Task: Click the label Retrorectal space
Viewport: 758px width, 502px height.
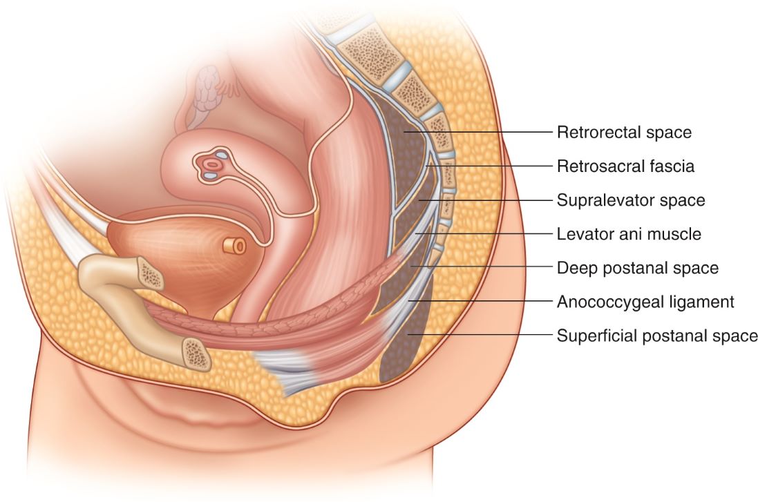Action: (x=624, y=131)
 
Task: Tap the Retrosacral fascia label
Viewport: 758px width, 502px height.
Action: (x=625, y=166)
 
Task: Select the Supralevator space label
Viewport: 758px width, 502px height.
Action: (x=630, y=200)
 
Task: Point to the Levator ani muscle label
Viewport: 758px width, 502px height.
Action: (x=629, y=234)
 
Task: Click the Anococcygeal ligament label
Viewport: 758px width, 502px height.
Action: (x=645, y=302)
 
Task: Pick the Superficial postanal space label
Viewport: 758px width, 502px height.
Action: (x=656, y=336)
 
